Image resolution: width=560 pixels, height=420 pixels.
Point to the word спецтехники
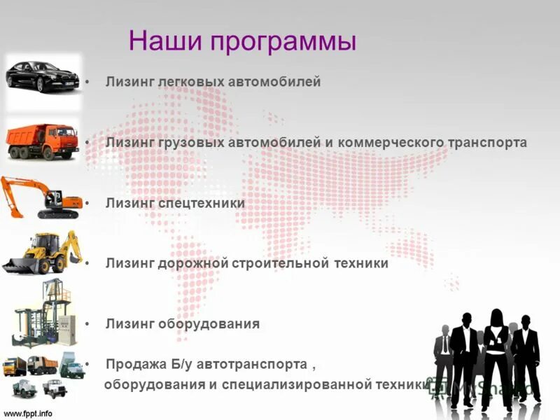pyautogui.click(x=210, y=203)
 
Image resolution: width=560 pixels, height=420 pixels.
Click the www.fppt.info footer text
pyautogui.click(x=28, y=413)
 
